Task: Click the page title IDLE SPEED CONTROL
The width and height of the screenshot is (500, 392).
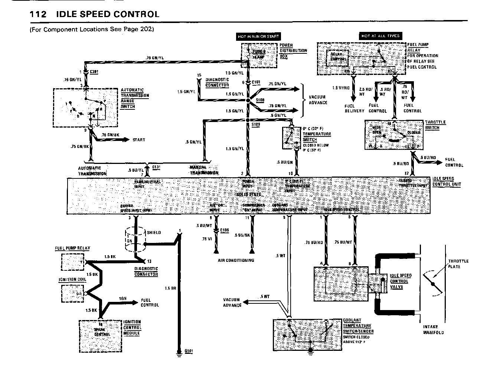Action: (108, 14)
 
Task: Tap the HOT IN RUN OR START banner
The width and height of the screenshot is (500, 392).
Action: (258, 36)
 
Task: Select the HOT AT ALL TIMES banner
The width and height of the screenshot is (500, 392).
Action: (380, 36)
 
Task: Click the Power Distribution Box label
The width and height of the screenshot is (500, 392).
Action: (293, 50)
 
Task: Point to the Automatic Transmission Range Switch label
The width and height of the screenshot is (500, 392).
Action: (135, 98)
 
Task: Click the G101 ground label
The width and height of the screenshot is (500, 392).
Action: (189, 351)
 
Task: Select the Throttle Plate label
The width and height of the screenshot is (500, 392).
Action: (458, 264)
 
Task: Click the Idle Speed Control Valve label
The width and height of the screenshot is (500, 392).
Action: (401, 281)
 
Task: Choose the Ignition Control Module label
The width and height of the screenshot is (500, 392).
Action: (132, 327)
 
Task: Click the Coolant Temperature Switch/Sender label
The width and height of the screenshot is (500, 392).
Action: (358, 326)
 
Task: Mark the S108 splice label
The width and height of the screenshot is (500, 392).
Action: (261, 100)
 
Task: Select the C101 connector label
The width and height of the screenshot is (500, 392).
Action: (256, 82)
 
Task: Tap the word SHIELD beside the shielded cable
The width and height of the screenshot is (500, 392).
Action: (154, 233)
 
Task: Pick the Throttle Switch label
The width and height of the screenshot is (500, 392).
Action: (435, 125)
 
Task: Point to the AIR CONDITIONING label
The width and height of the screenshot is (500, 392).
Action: (236, 260)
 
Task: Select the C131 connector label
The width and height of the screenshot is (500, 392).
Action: (157, 167)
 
